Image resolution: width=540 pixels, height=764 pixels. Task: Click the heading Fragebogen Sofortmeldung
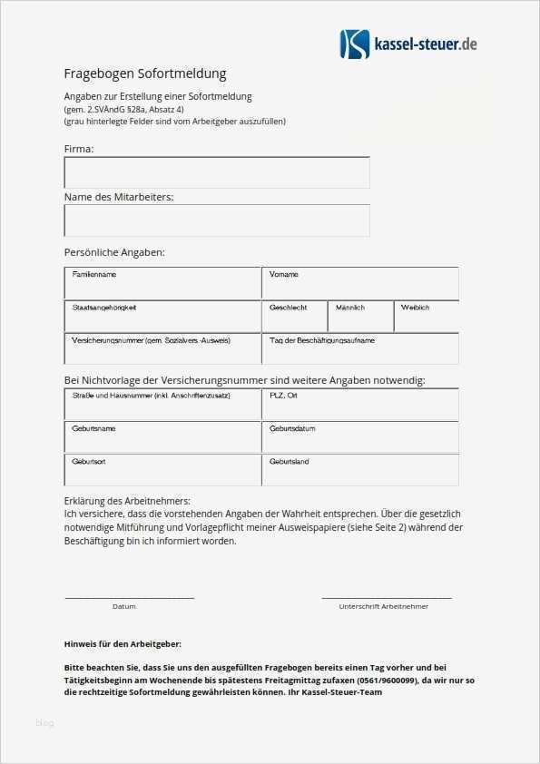click(144, 73)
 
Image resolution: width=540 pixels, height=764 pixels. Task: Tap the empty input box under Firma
click(217, 172)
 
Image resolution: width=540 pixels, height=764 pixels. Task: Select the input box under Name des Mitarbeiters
click(217, 220)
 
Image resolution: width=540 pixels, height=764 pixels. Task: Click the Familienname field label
click(94, 274)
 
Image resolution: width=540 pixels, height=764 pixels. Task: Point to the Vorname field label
click(284, 274)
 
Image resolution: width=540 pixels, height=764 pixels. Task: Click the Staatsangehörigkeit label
click(104, 308)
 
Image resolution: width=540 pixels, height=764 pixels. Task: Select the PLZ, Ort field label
click(284, 395)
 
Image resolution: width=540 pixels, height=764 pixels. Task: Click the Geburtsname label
click(94, 427)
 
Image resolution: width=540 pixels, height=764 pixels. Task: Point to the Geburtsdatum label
click(292, 427)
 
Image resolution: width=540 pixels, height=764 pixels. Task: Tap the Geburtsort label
click(89, 461)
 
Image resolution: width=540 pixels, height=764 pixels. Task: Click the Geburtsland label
click(290, 461)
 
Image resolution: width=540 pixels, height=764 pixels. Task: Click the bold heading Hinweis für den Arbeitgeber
click(123, 643)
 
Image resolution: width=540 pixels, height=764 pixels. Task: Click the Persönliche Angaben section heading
click(114, 252)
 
